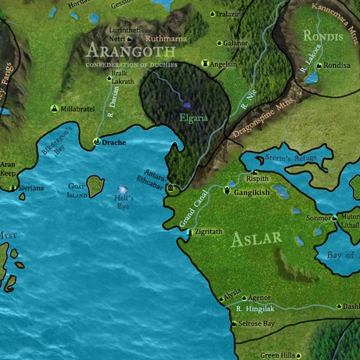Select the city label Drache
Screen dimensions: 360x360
[113, 143]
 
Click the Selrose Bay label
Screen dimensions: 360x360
[257, 324]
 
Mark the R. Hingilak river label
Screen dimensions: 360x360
[255, 309]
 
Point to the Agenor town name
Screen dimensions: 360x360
[260, 297]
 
